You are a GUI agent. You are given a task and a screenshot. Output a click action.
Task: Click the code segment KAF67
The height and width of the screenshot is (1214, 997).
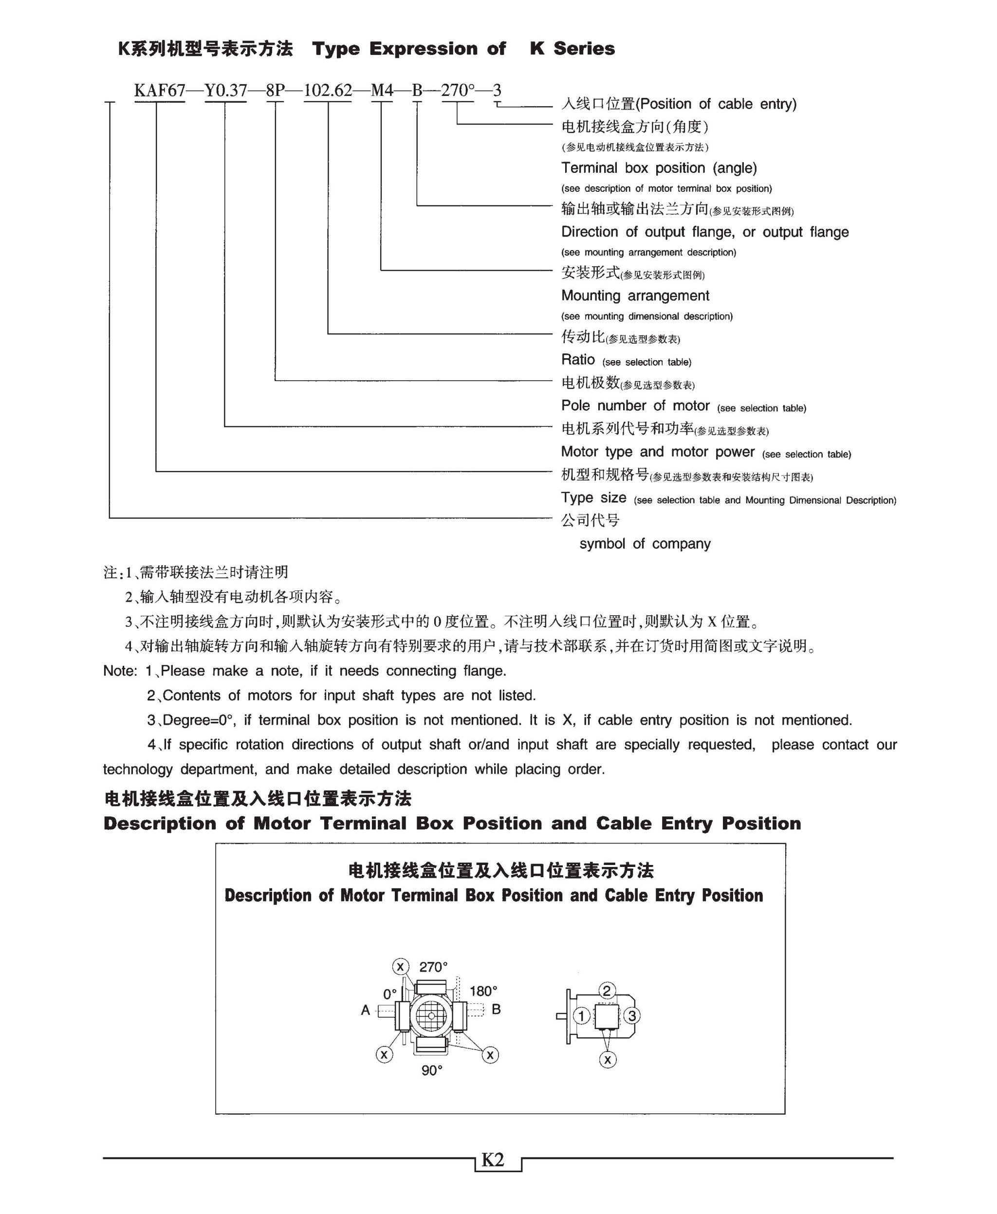[x=160, y=91]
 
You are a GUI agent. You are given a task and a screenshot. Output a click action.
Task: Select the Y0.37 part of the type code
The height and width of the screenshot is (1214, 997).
[x=226, y=91]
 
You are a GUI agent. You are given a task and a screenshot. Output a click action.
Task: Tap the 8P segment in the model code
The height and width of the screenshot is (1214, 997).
[x=275, y=91]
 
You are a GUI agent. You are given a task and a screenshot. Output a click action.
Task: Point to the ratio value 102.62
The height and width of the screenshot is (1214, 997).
[x=327, y=91]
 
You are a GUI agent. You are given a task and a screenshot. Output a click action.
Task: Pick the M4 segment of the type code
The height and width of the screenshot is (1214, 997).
[x=382, y=91]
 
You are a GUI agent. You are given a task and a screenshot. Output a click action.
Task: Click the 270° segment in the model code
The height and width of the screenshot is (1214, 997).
[x=458, y=91]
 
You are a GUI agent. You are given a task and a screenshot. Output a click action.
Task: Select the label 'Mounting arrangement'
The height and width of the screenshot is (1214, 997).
[x=635, y=296]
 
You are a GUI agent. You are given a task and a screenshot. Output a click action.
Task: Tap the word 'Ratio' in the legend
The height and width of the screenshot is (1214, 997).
[x=578, y=360]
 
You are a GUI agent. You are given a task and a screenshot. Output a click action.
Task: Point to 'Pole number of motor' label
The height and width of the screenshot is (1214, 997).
[x=635, y=405]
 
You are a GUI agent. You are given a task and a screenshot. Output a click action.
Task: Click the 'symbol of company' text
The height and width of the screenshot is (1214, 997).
[x=645, y=543]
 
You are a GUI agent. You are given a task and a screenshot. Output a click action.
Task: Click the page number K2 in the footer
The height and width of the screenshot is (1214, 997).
[x=493, y=1159]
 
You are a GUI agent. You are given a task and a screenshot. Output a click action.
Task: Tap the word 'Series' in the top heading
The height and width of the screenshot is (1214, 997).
[x=584, y=49]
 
